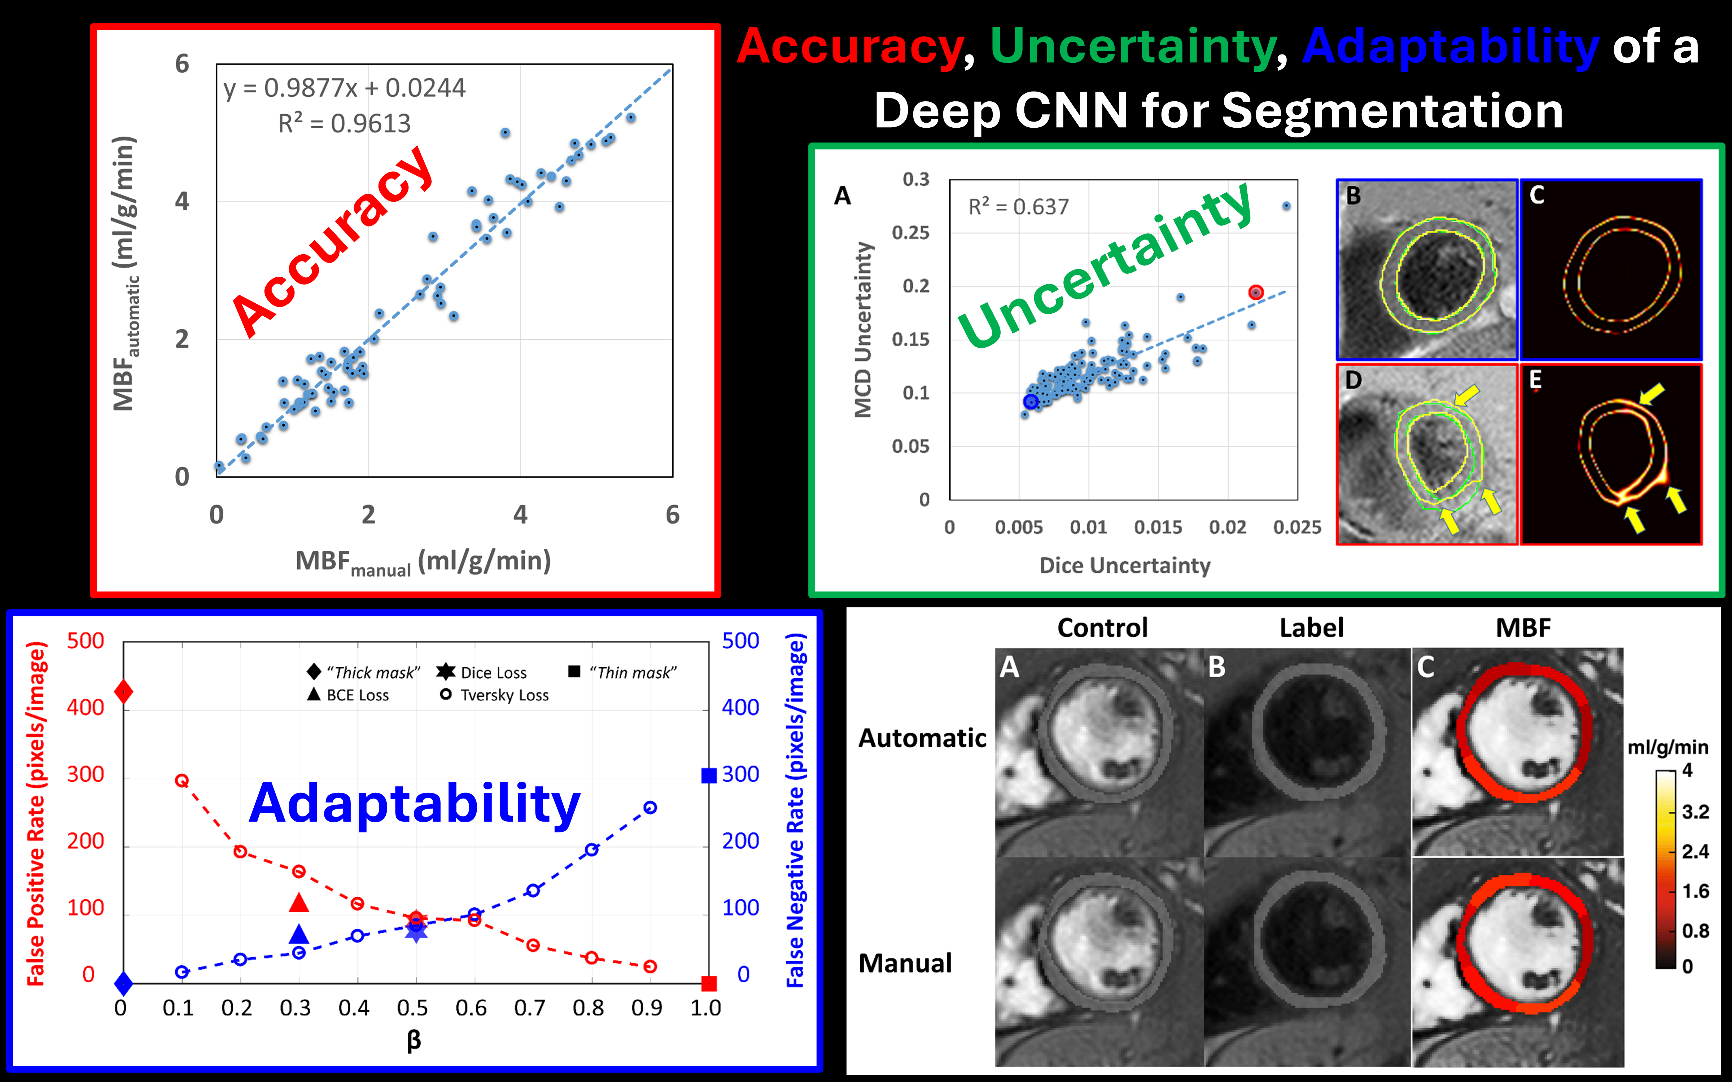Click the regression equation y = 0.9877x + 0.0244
pos(344,88)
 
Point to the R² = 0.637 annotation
pos(1018,207)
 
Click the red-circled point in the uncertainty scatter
pos(1255,292)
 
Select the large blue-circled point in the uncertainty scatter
pos(1030,401)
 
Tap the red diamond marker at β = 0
pos(123,692)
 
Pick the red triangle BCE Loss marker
pos(299,903)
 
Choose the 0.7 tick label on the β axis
pos(530,1008)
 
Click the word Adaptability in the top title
pos(1450,47)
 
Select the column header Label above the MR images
pos(1311,628)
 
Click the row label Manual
pos(905,963)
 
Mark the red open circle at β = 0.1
pos(182,781)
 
